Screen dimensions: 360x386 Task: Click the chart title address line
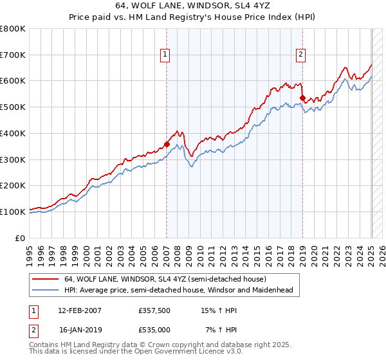(193, 6)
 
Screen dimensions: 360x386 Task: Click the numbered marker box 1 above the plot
(166, 55)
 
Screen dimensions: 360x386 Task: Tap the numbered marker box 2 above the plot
(301, 55)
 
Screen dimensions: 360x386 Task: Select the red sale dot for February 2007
(167, 145)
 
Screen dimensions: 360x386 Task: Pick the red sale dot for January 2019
(302, 98)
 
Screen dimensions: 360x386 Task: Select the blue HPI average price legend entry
(178, 291)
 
